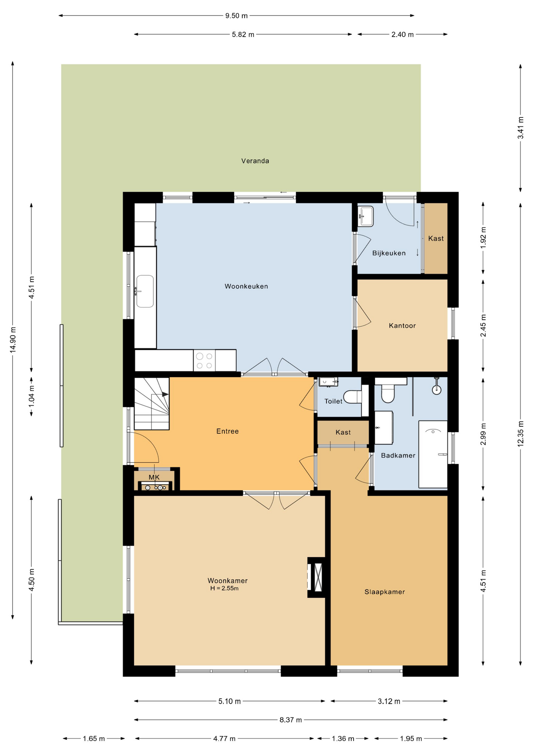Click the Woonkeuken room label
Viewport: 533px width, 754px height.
[246, 286]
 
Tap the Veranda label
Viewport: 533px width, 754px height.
[255, 161]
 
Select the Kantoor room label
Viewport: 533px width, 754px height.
[402, 326]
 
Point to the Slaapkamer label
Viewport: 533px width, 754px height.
[385, 592]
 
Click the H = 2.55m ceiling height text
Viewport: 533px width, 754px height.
[225, 588]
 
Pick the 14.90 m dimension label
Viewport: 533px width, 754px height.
[13, 340]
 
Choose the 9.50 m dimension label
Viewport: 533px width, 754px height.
[236, 16]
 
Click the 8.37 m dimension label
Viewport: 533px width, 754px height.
[290, 720]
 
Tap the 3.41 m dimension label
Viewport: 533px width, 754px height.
[520, 128]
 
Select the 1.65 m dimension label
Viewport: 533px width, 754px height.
[94, 739]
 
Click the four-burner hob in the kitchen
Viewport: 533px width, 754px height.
[204, 361]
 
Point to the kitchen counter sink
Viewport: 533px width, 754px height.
[144, 291]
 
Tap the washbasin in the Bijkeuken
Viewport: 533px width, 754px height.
[366, 216]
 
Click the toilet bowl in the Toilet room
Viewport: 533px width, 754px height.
[352, 397]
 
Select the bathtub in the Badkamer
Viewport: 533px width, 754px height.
[433, 454]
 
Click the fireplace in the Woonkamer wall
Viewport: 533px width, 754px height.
[316, 577]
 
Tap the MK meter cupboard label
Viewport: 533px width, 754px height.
[154, 477]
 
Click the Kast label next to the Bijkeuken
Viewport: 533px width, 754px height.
[436, 238]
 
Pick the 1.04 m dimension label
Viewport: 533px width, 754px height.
[32, 396]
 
